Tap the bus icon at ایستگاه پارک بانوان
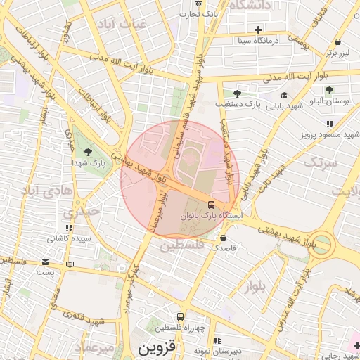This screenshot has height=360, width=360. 211,205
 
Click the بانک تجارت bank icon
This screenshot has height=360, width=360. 198,4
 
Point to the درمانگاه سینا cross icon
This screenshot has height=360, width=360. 259,30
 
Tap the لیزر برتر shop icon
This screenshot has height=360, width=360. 338,41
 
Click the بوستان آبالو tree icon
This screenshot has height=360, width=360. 329,89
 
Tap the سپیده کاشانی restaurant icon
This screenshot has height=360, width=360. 69,228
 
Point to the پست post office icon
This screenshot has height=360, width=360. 69,264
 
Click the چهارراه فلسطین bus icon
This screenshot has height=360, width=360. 181,317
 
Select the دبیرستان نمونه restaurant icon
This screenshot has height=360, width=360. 217,340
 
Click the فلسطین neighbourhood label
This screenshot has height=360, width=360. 181,245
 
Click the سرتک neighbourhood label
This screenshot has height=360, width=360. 321,162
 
